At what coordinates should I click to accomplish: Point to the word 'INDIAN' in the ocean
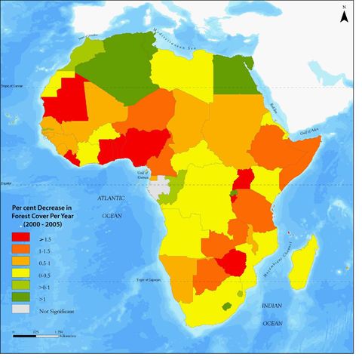pyautogui.click(x=272, y=306)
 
